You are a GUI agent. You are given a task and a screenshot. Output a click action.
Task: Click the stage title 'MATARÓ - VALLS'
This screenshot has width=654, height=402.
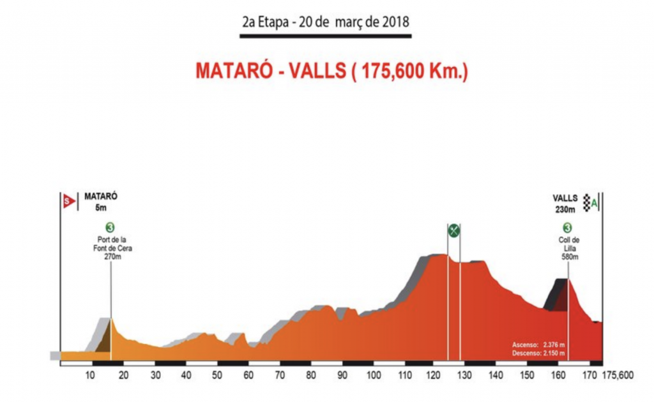pos(331,71)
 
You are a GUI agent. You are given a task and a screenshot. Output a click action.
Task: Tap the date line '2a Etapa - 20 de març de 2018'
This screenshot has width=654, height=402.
pos(325,20)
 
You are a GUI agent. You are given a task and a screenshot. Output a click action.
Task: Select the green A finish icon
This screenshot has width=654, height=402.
pos(595,204)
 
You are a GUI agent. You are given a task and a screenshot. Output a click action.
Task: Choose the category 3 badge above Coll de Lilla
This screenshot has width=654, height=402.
pos(567,228)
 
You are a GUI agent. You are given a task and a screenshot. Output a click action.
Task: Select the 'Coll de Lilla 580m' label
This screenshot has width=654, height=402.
pos(567,248)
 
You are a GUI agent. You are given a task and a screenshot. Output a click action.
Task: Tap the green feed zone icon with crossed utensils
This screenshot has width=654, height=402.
pos(453,230)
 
